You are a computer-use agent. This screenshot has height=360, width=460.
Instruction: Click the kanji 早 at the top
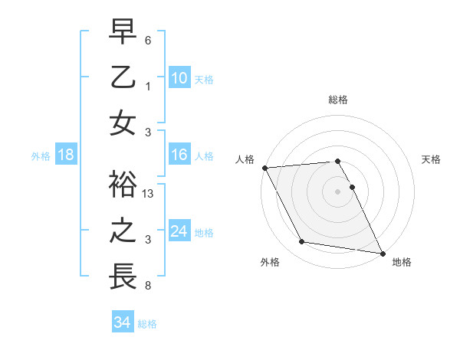[123, 32]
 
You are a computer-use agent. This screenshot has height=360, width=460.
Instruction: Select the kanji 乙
[123, 77]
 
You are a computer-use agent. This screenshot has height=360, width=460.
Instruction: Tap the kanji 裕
[123, 186]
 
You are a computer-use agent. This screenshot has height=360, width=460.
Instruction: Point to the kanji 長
[123, 277]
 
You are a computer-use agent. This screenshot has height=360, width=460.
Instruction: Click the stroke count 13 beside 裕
[149, 195]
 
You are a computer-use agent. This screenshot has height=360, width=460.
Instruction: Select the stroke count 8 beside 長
[149, 286]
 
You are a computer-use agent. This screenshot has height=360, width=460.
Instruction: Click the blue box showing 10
[179, 77]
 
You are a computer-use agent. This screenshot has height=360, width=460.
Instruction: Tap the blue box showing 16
[179, 155]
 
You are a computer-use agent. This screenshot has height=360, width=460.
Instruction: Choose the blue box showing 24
[179, 231]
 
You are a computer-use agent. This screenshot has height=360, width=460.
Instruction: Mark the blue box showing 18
[66, 155]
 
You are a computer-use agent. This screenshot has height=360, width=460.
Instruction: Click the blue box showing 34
[122, 322]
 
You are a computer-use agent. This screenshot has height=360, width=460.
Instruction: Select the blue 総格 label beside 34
[147, 323]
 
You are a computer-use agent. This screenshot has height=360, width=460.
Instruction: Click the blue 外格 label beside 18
[41, 155]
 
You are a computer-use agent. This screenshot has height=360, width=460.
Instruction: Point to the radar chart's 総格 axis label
[338, 100]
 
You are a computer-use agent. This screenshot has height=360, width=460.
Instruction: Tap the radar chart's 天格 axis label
[432, 159]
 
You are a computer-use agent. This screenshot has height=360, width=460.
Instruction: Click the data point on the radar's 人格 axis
[264, 168]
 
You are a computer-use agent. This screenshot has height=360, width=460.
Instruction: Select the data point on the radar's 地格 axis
[382, 253]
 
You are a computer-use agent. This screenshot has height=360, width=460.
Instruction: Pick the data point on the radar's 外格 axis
[302, 242]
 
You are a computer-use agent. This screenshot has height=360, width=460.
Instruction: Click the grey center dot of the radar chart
[338, 191]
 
